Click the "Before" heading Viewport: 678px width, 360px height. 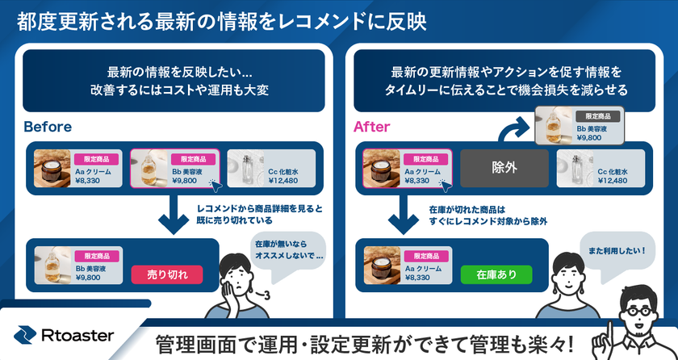(x=48, y=127)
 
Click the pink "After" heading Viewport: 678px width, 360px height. (x=373, y=127)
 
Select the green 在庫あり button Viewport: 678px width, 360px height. (x=496, y=274)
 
